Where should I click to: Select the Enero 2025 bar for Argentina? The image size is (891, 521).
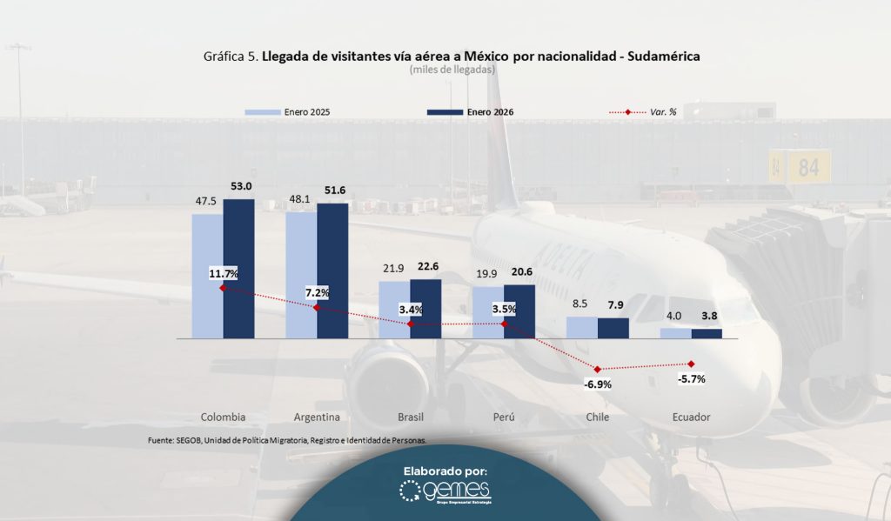(301, 274)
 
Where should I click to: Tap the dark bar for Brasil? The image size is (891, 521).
(425, 308)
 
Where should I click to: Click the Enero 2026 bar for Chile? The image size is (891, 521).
(613, 328)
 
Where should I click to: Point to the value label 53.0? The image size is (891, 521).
(239, 186)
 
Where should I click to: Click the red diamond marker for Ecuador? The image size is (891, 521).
(691, 364)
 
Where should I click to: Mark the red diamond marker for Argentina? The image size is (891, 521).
(316, 307)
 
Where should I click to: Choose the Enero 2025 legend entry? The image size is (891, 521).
(288, 113)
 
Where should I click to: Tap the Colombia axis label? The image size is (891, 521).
(223, 417)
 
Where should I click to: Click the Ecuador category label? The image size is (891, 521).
(691, 417)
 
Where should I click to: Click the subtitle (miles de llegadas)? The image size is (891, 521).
(451, 70)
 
